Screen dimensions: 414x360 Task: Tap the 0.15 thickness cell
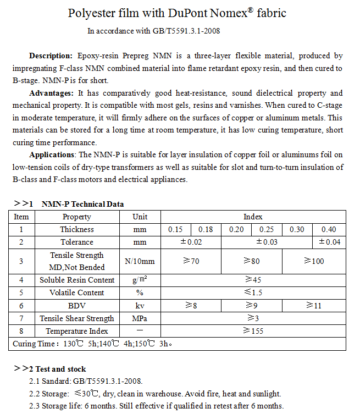(x=175, y=229)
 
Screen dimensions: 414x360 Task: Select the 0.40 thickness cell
(x=329, y=229)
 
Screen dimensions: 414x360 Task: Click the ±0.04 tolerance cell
(x=329, y=242)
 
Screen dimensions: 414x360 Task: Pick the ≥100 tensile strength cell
(x=314, y=261)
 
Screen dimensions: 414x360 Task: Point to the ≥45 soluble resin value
(x=253, y=280)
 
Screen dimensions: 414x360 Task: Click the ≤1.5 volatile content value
(x=253, y=292)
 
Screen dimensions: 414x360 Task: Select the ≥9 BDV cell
(x=252, y=305)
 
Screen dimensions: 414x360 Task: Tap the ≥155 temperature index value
(x=253, y=331)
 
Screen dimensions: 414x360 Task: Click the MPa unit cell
(x=140, y=318)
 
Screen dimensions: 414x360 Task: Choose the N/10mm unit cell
(x=140, y=261)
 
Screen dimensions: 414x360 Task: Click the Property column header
(x=77, y=217)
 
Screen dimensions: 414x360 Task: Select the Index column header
(x=253, y=217)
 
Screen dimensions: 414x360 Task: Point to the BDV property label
(x=77, y=305)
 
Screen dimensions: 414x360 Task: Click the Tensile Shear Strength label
(x=77, y=318)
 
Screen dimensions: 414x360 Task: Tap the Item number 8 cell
(x=21, y=331)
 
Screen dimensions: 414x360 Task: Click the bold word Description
(x=51, y=56)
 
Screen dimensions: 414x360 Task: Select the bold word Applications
(x=52, y=154)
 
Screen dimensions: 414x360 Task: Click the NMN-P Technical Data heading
(x=82, y=204)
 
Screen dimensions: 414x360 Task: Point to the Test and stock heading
(x=60, y=369)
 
